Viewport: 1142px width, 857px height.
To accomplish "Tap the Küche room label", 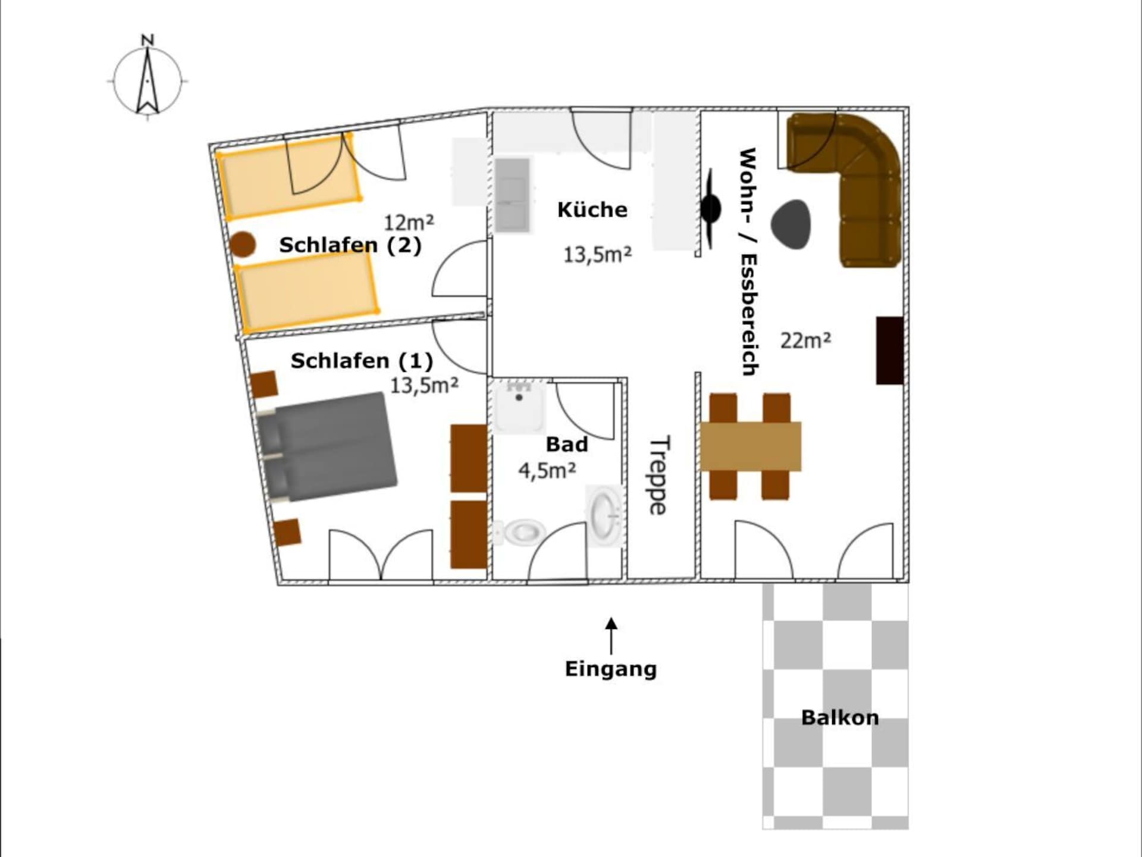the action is [592, 209].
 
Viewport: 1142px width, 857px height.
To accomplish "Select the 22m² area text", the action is [805, 340].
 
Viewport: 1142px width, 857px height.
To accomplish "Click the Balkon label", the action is [840, 717].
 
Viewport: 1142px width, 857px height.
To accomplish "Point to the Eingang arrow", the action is [611, 636].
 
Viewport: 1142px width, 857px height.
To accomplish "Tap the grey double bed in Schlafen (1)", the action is [327, 446].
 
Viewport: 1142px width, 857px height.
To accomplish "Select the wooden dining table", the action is [751, 446].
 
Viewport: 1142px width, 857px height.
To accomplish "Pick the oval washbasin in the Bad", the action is [605, 515].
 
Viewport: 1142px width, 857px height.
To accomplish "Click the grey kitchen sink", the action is [512, 195].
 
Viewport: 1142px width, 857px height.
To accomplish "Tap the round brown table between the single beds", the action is [243, 244].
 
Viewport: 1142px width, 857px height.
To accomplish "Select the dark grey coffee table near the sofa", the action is [791, 223].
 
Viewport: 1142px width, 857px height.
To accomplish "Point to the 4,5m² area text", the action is [547, 470].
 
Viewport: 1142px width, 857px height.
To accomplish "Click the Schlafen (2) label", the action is [350, 245].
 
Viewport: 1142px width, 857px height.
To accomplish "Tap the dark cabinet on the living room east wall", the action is [890, 350].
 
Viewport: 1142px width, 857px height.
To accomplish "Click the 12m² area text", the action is [409, 222].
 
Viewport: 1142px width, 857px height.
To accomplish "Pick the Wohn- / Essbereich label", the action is [748, 262].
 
